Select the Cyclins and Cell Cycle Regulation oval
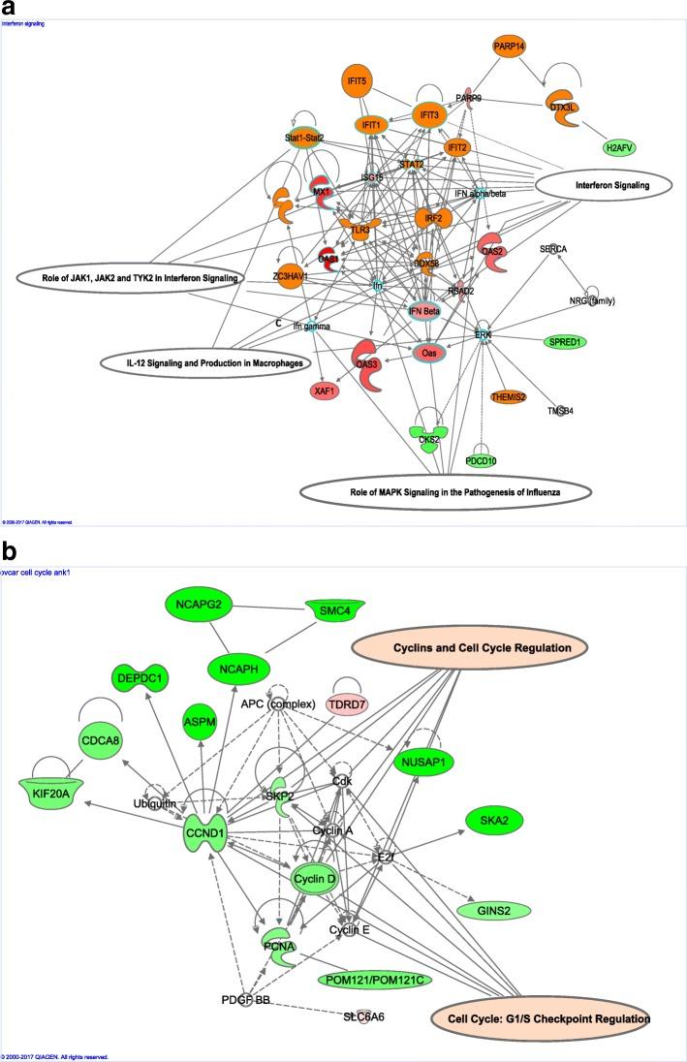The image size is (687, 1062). (471, 647)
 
